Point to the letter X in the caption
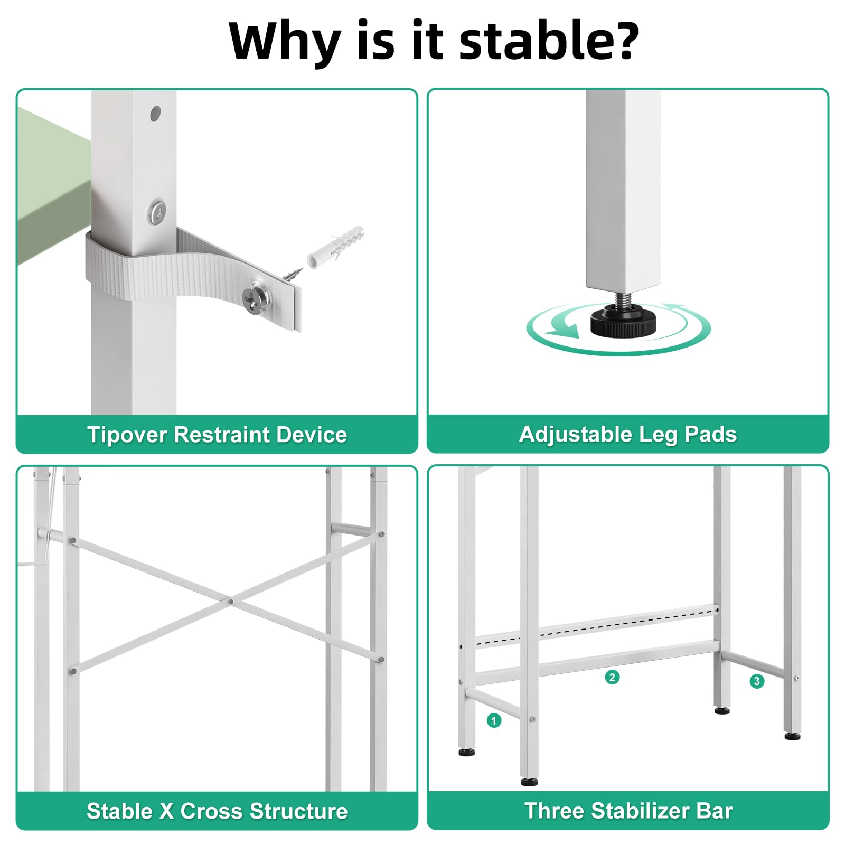click(x=167, y=811)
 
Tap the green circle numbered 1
click(x=494, y=720)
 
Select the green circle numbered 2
click(x=612, y=677)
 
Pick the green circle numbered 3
click(x=757, y=681)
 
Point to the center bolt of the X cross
click(x=231, y=601)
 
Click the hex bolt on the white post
click(x=157, y=211)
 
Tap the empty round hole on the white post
click(x=155, y=114)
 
